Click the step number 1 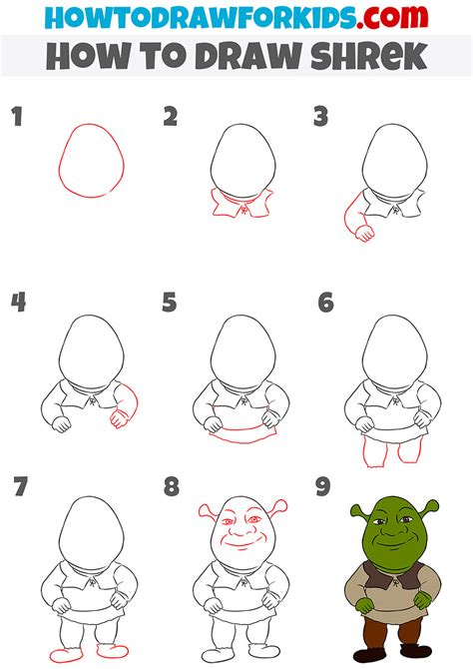17,118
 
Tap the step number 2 171,118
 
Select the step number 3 320,118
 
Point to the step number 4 18,303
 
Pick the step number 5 170,303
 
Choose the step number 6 324,303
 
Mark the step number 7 18,488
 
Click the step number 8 171,488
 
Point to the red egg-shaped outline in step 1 90,161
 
